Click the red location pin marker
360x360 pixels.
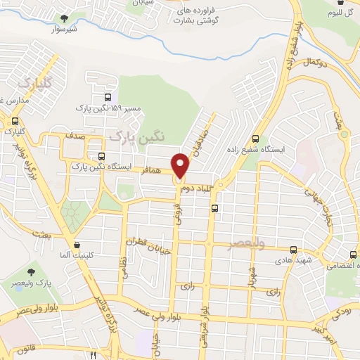(181, 166)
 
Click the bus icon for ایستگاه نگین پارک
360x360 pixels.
(103, 156)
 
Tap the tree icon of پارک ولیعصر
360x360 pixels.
(31, 270)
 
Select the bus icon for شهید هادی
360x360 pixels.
(293, 249)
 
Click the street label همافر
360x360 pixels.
(157, 169)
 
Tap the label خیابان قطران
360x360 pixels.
(145, 243)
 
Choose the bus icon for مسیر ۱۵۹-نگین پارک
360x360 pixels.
(107, 98)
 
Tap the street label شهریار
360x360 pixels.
(251, 274)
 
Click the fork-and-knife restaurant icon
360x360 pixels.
(94, 356)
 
